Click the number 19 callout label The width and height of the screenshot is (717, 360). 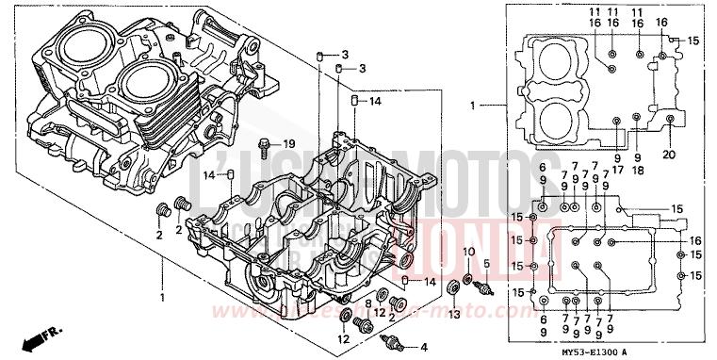(289, 143)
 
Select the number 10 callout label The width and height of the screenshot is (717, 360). (468, 251)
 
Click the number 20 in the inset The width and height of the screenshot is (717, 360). (670, 155)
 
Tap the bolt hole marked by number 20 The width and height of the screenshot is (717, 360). (670, 119)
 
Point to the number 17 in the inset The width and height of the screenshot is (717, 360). (617, 171)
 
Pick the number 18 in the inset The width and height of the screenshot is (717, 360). (638, 171)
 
